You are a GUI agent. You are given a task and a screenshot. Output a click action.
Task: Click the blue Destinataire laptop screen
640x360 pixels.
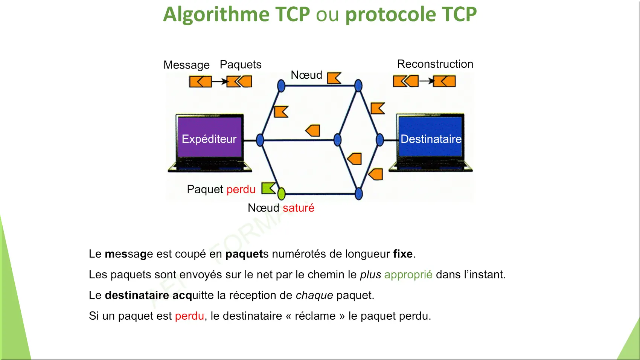(430, 137)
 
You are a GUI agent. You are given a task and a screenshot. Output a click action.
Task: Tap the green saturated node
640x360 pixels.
(282, 194)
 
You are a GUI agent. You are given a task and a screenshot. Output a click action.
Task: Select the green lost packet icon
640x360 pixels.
(268, 188)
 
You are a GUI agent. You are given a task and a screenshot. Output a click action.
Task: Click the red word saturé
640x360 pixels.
(299, 208)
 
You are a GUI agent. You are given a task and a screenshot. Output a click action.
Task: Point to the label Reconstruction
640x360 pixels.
(435, 64)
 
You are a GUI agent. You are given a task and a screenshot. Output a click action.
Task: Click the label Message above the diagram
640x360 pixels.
(186, 65)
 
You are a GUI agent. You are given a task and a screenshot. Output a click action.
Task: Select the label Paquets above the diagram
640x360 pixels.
(241, 64)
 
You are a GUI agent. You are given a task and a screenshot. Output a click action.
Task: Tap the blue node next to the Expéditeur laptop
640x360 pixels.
(260, 140)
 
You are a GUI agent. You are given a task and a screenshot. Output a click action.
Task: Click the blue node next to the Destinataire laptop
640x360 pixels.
(380, 140)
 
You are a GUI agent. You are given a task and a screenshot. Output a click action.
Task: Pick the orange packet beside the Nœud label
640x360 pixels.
(334, 78)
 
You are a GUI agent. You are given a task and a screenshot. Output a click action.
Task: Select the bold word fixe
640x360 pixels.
(403, 254)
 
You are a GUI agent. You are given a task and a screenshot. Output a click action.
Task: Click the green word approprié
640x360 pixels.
(408, 275)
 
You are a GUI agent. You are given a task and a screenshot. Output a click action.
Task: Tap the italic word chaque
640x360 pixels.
(314, 296)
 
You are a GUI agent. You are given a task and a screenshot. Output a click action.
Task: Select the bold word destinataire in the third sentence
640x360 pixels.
(137, 295)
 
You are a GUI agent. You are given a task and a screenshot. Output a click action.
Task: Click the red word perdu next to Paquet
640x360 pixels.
(241, 190)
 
